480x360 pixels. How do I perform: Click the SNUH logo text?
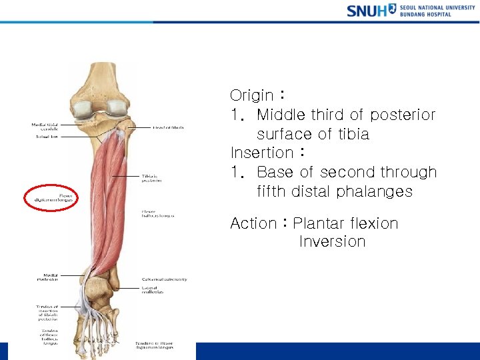367,11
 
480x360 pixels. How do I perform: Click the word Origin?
252,95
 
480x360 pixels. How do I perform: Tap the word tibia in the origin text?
352,134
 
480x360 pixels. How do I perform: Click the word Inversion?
332,241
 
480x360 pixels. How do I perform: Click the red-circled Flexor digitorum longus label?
51,197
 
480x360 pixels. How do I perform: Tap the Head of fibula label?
169,127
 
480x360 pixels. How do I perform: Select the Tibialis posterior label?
150,179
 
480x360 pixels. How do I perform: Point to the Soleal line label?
47,137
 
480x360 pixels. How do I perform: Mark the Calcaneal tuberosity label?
164,279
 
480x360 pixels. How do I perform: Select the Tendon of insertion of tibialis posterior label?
47,313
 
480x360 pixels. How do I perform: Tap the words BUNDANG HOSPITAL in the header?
426,14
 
